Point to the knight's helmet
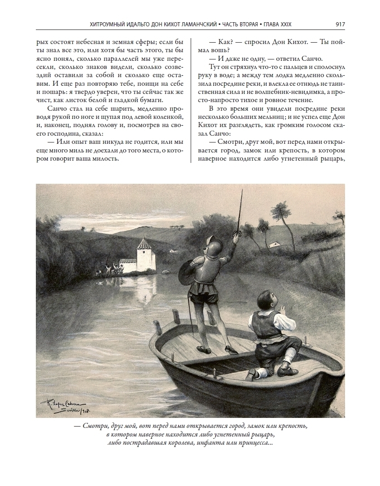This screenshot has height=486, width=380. [211, 243]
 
